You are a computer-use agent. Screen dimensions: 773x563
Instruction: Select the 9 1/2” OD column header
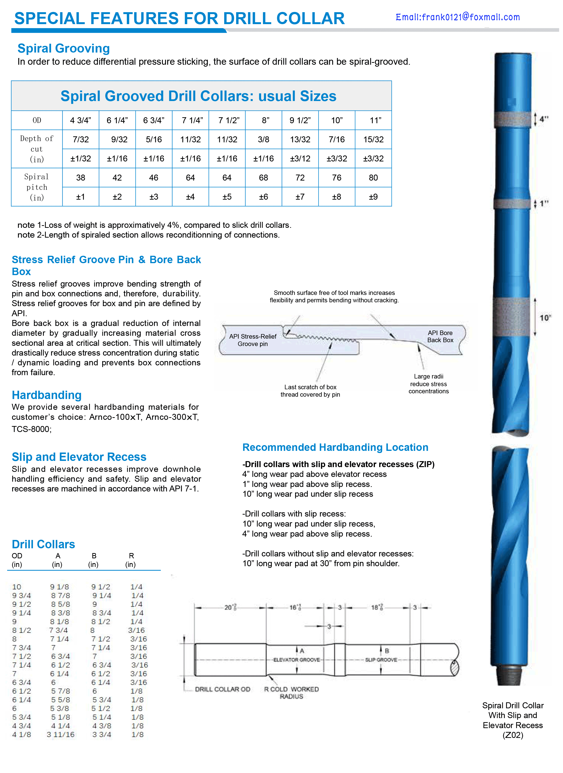[300, 120]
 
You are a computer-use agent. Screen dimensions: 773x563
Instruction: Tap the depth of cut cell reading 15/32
[373, 139]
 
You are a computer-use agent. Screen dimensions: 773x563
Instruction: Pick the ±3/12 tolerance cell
[300, 159]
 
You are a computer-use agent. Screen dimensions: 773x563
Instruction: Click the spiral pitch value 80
[373, 178]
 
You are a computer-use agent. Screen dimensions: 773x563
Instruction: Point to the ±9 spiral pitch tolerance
[373, 197]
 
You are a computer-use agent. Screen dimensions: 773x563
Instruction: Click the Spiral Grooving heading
[64, 48]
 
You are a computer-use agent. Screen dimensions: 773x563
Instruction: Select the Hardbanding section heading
[47, 395]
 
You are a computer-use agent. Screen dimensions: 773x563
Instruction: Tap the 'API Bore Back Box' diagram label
[440, 336]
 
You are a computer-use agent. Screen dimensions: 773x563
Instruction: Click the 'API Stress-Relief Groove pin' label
[253, 340]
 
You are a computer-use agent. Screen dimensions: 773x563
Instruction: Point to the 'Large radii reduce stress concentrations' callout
[428, 384]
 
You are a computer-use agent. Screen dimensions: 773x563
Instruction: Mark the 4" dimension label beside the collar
[544, 119]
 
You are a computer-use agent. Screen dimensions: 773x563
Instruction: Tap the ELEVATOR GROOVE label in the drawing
[297, 660]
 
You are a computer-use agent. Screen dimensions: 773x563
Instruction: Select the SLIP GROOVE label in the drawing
[381, 660]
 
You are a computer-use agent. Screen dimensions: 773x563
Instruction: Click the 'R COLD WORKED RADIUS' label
[291, 693]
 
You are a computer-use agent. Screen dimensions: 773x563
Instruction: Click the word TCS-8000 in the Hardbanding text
[31, 429]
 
